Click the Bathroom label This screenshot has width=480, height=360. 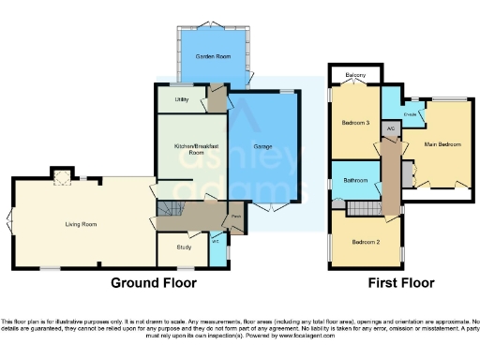[354, 179]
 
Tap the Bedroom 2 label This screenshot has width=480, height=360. [365, 241]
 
